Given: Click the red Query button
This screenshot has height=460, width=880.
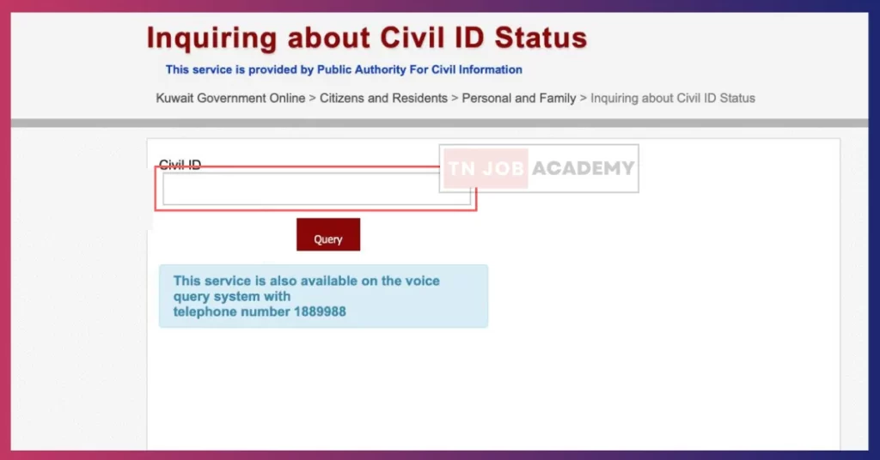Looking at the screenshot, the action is click(328, 234).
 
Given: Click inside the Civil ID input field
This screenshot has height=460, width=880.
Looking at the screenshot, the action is click(301, 189).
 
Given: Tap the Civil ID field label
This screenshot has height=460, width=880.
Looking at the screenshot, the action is click(180, 165).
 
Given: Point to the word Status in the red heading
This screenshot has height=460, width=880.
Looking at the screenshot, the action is click(541, 38).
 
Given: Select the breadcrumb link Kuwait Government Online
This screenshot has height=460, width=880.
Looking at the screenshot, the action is click(230, 98).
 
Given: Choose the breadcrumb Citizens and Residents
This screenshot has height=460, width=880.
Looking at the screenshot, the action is click(384, 98).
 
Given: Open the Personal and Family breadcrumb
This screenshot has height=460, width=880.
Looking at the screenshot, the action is click(519, 98).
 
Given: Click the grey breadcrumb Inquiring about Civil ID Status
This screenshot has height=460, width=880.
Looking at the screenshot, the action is click(673, 98).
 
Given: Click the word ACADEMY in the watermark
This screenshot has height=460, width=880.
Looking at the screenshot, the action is click(584, 168).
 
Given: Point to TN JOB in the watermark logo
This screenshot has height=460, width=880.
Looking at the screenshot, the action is click(486, 168).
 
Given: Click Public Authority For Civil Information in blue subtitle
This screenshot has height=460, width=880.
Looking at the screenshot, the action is click(419, 70).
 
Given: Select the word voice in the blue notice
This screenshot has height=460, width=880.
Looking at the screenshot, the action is click(423, 281).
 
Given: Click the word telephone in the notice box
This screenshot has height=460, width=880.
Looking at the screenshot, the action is click(205, 312).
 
